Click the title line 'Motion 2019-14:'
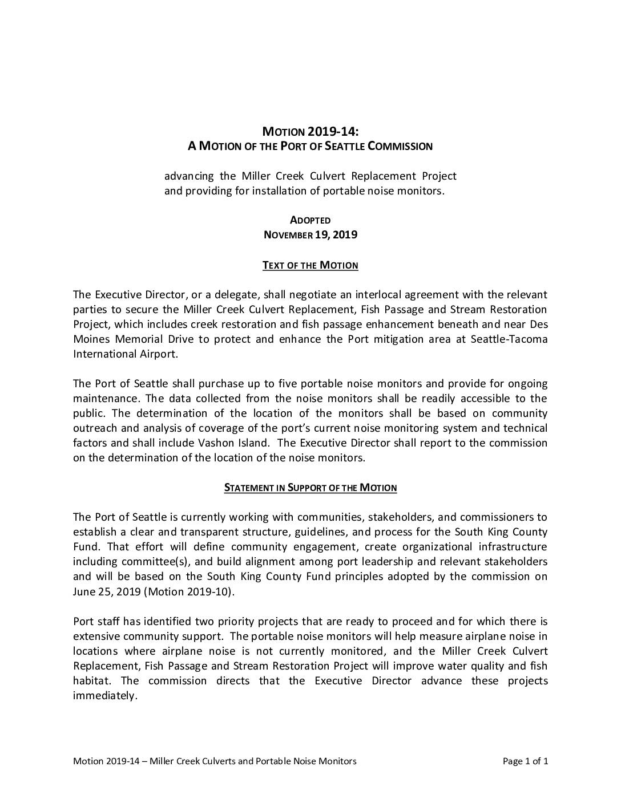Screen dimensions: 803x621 [x=310, y=131]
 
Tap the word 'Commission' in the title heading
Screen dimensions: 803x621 [x=400, y=146]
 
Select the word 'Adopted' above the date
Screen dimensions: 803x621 [x=310, y=220]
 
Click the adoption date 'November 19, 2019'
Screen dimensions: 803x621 [x=310, y=234]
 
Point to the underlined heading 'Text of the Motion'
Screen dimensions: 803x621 [x=310, y=265]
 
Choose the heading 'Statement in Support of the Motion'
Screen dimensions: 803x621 [x=310, y=488]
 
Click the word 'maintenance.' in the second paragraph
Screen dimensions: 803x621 [x=107, y=399]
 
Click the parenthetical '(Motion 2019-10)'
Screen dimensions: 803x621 [x=189, y=591]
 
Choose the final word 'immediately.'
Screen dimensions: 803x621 [x=105, y=696]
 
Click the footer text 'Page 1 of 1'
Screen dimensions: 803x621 [x=525, y=761]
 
